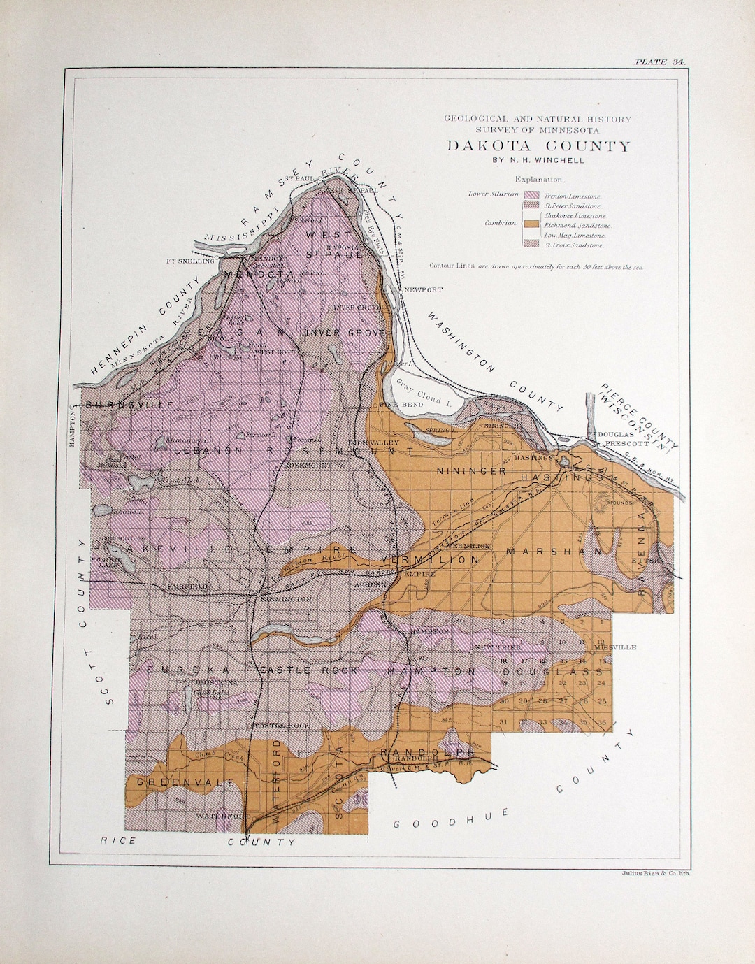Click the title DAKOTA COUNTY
pyautogui.click(x=538, y=146)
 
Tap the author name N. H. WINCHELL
pyautogui.click(x=538, y=160)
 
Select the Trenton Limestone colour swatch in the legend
pyautogui.click(x=532, y=196)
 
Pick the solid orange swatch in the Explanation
pyautogui.click(x=532, y=224)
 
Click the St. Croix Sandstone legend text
pyautogui.click(x=573, y=245)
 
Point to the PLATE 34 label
pyautogui.click(x=660, y=62)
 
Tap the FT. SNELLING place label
pyautogui.click(x=190, y=261)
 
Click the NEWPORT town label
pyautogui.click(x=423, y=289)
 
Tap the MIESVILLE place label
pyautogui.click(x=615, y=647)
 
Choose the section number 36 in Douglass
pyautogui.click(x=602, y=721)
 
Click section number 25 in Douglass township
pyautogui.click(x=602, y=701)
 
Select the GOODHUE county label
pyautogui.click(x=451, y=819)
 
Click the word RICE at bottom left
pyautogui.click(x=118, y=840)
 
